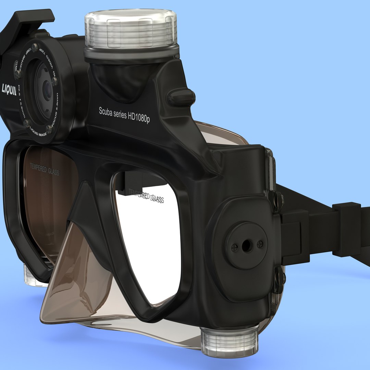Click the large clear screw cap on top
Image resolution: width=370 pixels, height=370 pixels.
point(131,29)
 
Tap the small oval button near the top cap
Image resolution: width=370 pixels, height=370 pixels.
point(181,97)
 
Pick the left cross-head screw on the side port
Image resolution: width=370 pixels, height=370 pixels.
point(235,247)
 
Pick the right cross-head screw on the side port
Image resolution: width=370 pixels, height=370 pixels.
point(260,244)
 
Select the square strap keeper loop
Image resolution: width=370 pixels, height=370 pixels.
point(347,229)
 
